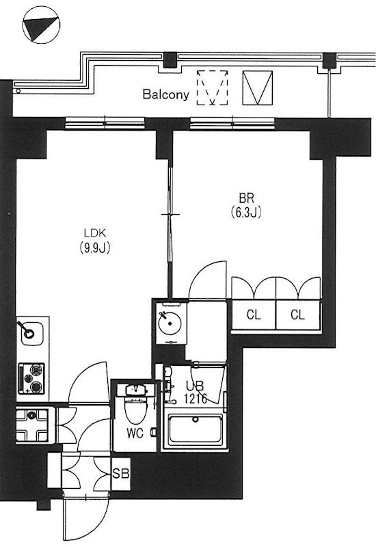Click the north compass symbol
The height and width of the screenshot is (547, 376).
click(x=41, y=25)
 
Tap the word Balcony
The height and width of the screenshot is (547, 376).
click(x=165, y=94)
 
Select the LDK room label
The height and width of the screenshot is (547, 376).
click(x=95, y=232)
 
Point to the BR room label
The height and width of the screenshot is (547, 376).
click(x=246, y=198)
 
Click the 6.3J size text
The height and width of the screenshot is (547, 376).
click(x=246, y=212)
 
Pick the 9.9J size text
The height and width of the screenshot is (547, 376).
click(x=95, y=248)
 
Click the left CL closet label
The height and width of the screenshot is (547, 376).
click(x=254, y=315)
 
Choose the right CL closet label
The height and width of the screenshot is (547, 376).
click(x=297, y=315)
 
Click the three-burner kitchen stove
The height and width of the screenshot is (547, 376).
click(x=31, y=378)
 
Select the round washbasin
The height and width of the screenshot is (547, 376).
click(x=170, y=323)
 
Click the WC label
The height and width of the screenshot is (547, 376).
click(x=135, y=433)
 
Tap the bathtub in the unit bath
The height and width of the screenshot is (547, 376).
click(x=196, y=430)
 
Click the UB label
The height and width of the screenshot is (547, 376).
click(x=195, y=386)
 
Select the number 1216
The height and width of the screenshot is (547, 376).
click(x=196, y=399)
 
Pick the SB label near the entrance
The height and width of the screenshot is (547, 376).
click(x=121, y=473)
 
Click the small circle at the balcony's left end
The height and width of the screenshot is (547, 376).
click(x=18, y=91)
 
